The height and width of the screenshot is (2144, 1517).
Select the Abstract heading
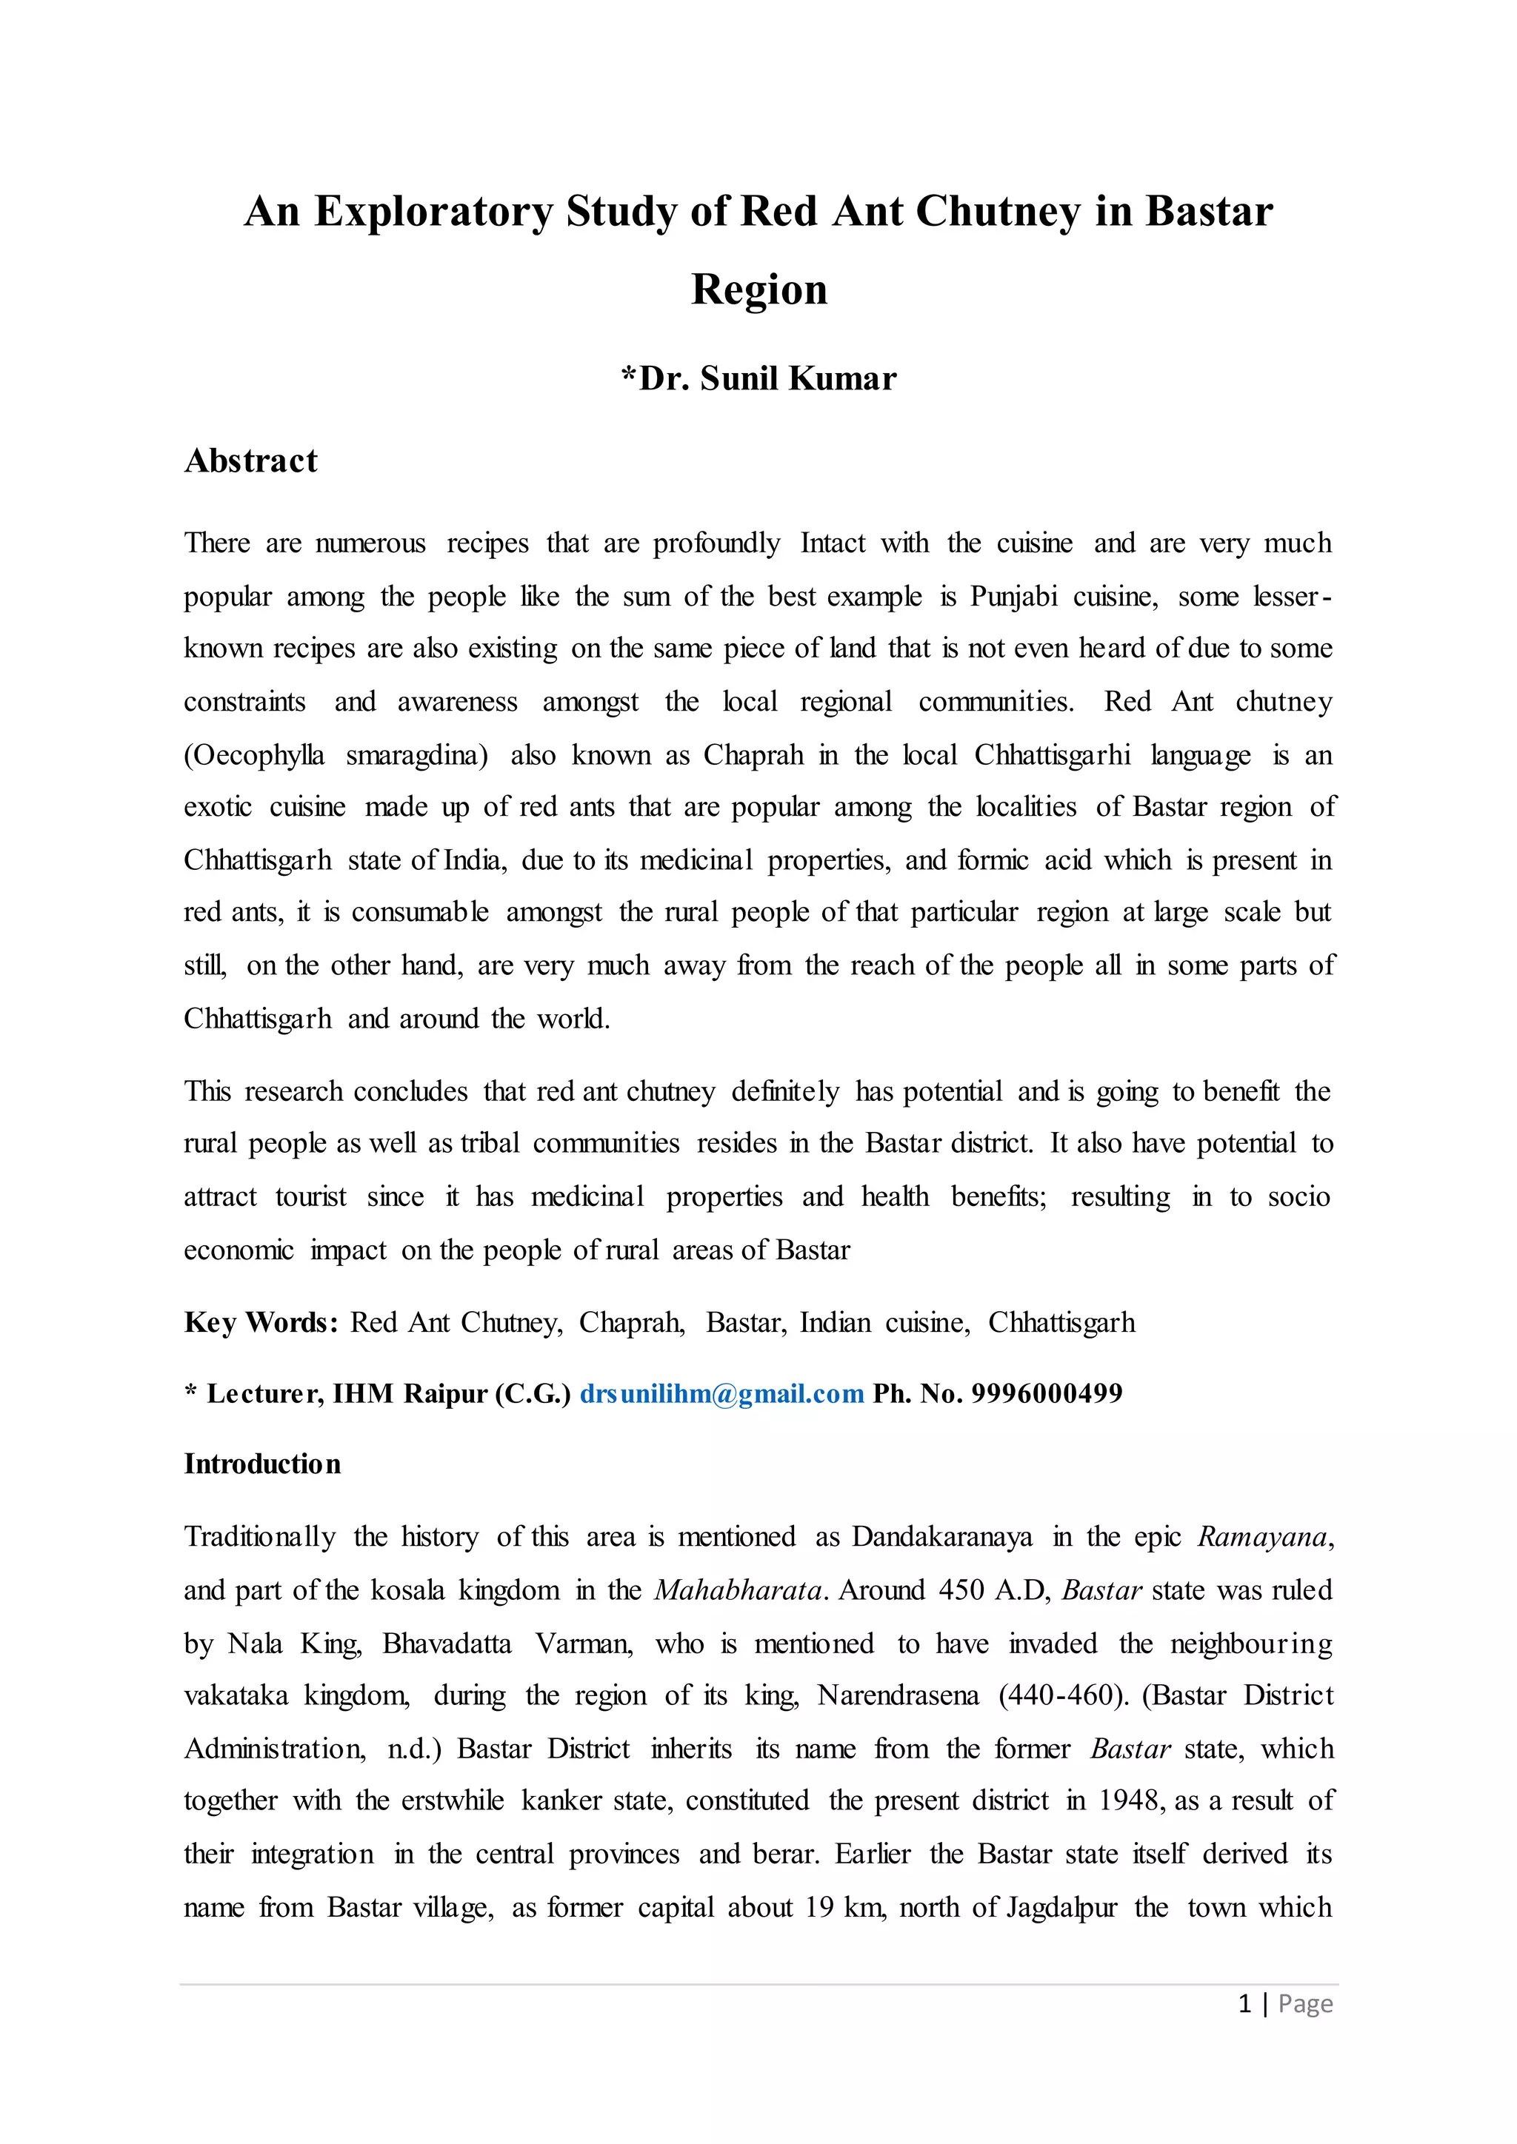pyautogui.click(x=250, y=461)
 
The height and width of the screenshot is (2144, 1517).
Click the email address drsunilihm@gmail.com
pyautogui.click(x=721, y=1394)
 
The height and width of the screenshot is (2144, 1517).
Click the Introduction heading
pyautogui.click(x=261, y=1464)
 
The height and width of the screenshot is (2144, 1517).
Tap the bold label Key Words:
pyautogui.click(x=261, y=1323)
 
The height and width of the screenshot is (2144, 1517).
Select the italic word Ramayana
pyautogui.click(x=1262, y=1538)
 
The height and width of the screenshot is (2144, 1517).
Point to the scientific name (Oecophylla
pyautogui.click(x=253, y=755)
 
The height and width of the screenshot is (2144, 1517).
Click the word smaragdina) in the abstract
pyautogui.click(x=416, y=755)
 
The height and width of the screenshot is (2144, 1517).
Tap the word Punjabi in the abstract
pyautogui.click(x=1013, y=597)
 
